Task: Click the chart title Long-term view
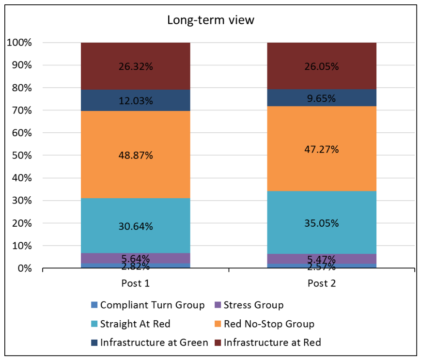tap(210, 20)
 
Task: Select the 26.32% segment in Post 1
tap(136, 66)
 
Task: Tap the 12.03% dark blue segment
tap(136, 100)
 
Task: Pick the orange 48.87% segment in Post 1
tap(136, 155)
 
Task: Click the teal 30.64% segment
tap(136, 226)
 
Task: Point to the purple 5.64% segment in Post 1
tap(136, 258)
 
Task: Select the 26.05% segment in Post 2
tap(322, 66)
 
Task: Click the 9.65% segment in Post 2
tap(322, 98)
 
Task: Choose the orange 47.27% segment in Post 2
tap(322, 149)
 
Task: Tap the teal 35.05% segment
tap(322, 222)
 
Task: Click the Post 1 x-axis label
tap(135, 283)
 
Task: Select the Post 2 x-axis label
tap(322, 283)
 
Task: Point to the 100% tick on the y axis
tap(19, 43)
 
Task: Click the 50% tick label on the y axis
tap(22, 156)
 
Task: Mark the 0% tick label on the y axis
tap(25, 268)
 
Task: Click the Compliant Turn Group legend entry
tap(148, 305)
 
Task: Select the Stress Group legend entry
tap(249, 305)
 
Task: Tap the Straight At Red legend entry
tap(131, 324)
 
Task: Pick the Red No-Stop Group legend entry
tap(265, 324)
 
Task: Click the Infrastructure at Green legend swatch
tap(94, 343)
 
